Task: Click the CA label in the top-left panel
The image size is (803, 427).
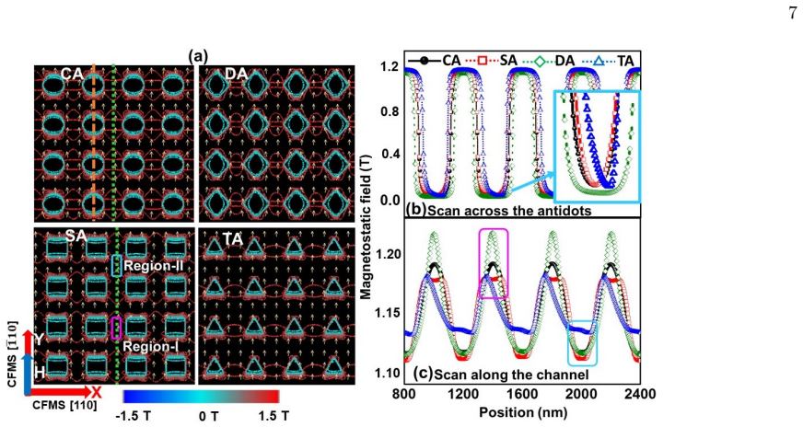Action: pos(72,75)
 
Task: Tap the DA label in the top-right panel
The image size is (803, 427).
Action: pos(236,75)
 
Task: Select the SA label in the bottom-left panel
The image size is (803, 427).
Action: pos(76,236)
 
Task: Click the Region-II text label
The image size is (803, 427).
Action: pos(154,266)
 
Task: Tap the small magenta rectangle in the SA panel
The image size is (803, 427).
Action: pos(116,329)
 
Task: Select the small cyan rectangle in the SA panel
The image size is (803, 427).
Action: pos(116,266)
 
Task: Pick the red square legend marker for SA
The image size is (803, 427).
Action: pos(482,61)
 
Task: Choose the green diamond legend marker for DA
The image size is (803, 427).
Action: pos(538,61)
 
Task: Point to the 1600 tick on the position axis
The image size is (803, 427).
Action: pos(522,394)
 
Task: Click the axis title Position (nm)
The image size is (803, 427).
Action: pos(523,412)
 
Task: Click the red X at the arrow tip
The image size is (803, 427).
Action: pos(96,392)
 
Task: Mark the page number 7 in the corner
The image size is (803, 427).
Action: pos(792,13)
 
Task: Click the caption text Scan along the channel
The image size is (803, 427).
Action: pos(512,375)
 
